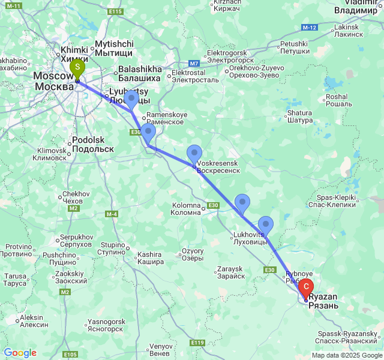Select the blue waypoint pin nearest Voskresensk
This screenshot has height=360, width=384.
tap(194, 155)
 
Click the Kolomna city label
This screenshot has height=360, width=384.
tap(187, 209)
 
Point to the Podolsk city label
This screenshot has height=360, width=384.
tap(92, 144)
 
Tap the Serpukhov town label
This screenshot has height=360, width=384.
tap(75, 241)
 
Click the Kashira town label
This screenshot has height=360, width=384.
tap(150, 258)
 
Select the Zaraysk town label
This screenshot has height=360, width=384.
tap(230, 272)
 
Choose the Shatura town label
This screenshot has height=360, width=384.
tap(300, 116)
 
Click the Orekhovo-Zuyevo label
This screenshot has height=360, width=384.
tap(253, 72)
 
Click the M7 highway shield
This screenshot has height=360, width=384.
tap(194, 64)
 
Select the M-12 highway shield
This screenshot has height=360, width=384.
tap(310, 28)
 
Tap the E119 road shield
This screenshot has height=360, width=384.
tap(197, 342)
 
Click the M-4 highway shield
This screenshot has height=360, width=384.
tap(112, 214)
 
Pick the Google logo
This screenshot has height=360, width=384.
tap(20, 353)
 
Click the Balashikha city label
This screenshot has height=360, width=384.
tap(139, 73)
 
